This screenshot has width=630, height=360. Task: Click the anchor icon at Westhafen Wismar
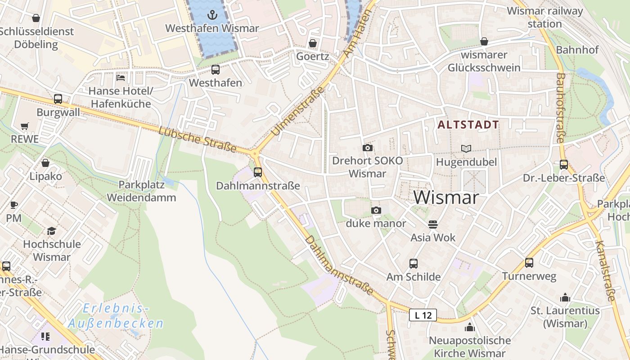click(x=212, y=14)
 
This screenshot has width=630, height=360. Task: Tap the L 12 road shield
click(x=423, y=315)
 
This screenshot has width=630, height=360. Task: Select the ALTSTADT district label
click(x=468, y=125)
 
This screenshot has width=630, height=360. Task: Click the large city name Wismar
click(x=446, y=197)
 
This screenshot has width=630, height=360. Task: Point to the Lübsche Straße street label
click(x=198, y=139)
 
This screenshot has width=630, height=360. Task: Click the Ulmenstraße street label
click(x=298, y=111)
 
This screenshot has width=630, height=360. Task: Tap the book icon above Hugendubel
click(x=467, y=148)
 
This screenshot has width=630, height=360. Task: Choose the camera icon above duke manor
click(x=376, y=210)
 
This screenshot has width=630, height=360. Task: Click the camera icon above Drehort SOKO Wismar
click(x=368, y=148)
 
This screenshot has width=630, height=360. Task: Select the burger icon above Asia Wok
click(x=433, y=224)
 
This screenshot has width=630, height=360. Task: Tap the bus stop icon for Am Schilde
click(x=413, y=264)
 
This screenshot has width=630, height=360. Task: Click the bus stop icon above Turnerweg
click(x=529, y=263)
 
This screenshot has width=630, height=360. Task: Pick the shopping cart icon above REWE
click(x=25, y=126)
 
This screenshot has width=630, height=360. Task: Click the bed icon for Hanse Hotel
click(x=120, y=77)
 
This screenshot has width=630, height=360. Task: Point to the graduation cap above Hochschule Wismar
click(x=52, y=231)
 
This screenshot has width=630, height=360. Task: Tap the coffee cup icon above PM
click(x=14, y=205)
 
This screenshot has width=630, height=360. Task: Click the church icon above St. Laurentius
click(x=565, y=297)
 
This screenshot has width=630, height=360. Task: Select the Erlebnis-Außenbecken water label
click(x=116, y=316)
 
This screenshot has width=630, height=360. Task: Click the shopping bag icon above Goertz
click(x=312, y=43)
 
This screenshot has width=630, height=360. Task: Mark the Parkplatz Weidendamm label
click(x=147, y=191)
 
